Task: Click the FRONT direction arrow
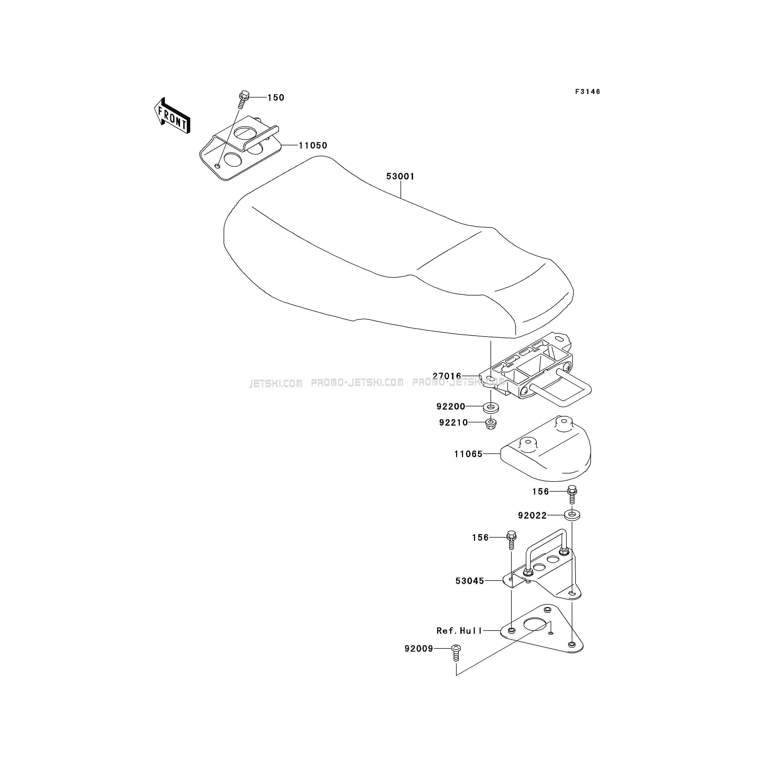pyautogui.click(x=172, y=115)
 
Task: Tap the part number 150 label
pyautogui.click(x=276, y=98)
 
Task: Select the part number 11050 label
pyautogui.click(x=313, y=146)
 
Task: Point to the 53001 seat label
pyautogui.click(x=401, y=176)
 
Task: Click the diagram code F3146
pyautogui.click(x=588, y=92)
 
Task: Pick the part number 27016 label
pyautogui.click(x=447, y=376)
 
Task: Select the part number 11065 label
pyautogui.click(x=469, y=454)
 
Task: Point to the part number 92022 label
pyautogui.click(x=532, y=515)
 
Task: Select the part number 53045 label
pyautogui.click(x=470, y=581)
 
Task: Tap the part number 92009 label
pyautogui.click(x=419, y=649)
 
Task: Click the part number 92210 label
pyautogui.click(x=454, y=423)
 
